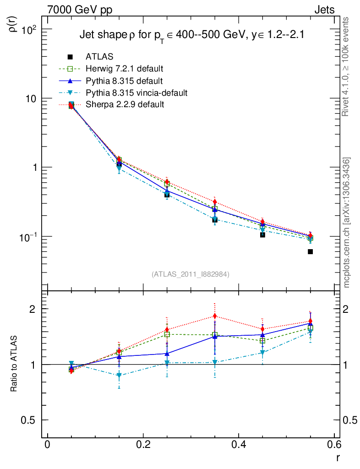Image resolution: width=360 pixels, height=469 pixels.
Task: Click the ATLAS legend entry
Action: pyautogui.click(x=99, y=57)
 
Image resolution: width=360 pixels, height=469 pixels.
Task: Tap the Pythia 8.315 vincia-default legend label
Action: pyautogui.click(x=136, y=93)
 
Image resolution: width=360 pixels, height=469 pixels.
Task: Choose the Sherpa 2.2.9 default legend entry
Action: pyautogui.click(x=125, y=104)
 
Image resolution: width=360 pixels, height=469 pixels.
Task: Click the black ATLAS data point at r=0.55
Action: pyautogui.click(x=310, y=251)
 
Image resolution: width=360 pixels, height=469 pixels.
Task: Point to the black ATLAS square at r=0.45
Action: pyautogui.click(x=262, y=234)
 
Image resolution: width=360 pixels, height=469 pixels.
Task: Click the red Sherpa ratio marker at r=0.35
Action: pyautogui.click(x=215, y=316)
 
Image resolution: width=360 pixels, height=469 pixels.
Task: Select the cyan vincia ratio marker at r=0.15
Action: pyautogui.click(x=119, y=376)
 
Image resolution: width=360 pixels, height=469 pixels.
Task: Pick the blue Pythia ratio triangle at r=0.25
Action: pyautogui.click(x=167, y=354)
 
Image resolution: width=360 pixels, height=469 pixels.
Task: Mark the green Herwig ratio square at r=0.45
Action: pyautogui.click(x=262, y=341)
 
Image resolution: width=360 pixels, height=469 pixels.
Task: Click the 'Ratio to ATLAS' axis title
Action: pyautogui.click(x=14, y=364)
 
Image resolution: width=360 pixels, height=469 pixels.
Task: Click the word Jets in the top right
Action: pyautogui.click(x=324, y=10)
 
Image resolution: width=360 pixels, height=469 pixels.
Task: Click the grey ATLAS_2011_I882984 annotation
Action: pyautogui.click(x=191, y=274)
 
